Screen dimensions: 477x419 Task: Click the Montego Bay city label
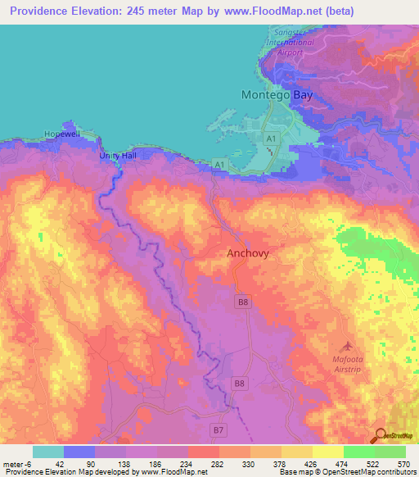[x=277, y=95]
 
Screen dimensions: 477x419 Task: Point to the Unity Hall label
[x=115, y=156]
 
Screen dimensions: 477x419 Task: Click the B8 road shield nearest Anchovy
[x=242, y=302]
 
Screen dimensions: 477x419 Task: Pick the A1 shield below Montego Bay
[x=271, y=141]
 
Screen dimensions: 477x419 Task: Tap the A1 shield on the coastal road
[x=219, y=165]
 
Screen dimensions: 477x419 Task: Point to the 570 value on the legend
[x=403, y=464]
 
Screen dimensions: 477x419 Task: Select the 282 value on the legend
[x=217, y=464]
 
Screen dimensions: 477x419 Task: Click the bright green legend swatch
[x=358, y=452]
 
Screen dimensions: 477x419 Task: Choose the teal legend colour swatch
[x=47, y=452]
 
